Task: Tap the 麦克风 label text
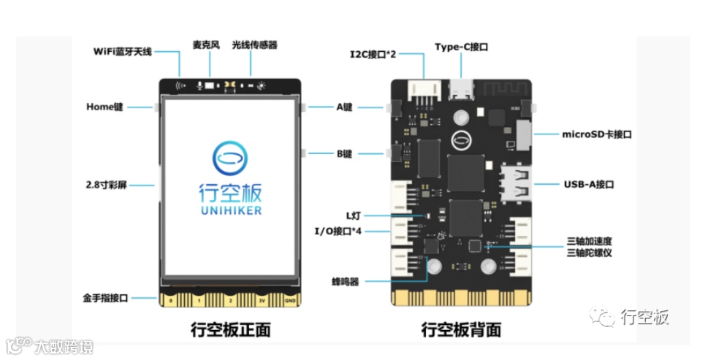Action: tap(206, 45)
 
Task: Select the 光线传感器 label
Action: tap(254, 45)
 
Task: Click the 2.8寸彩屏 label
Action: tap(107, 185)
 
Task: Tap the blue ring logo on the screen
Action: tap(230, 156)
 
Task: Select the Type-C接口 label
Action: tap(461, 47)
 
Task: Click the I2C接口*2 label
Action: tap(373, 54)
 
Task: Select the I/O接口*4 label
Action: tap(338, 231)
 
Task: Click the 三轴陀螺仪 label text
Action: tap(589, 253)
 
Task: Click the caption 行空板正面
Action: tap(230, 330)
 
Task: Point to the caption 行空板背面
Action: tap(461, 330)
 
